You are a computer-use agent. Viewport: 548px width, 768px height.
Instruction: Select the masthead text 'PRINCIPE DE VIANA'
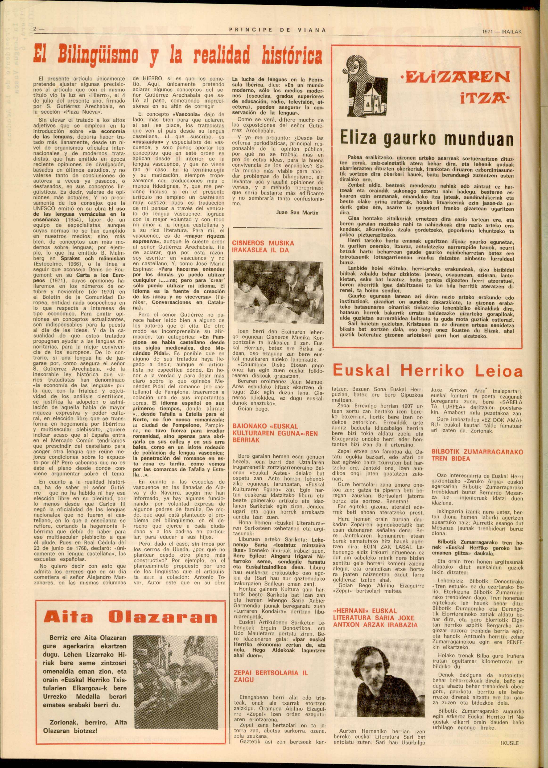(277, 30)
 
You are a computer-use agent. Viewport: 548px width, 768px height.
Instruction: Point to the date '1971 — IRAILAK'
(502, 32)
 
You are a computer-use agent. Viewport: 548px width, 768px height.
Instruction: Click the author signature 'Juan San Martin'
(297, 213)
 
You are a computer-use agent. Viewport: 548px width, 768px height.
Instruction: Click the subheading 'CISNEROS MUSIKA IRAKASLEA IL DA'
(263, 246)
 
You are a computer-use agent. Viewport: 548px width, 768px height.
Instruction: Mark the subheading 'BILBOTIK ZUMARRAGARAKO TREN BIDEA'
(477, 455)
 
